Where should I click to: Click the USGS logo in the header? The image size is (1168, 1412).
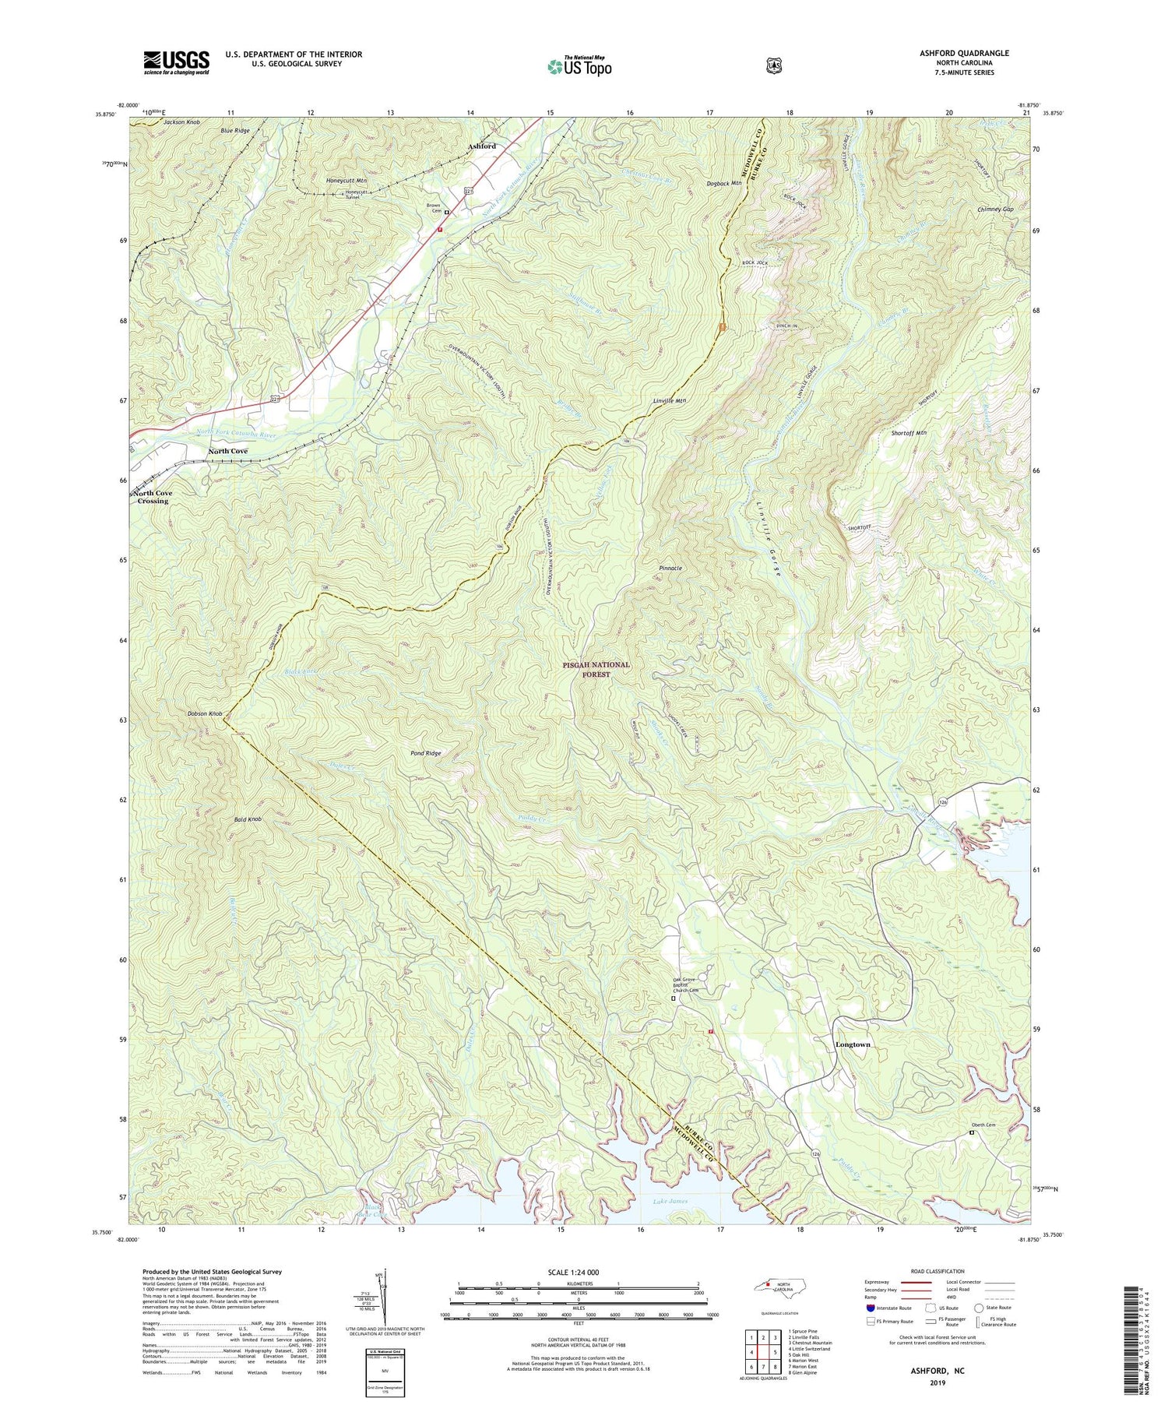coord(176,62)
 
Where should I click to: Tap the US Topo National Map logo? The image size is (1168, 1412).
coord(579,66)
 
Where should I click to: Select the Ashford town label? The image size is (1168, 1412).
coord(481,146)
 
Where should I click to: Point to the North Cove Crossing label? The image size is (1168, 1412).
coord(153,497)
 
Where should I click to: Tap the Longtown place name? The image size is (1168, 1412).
coord(853,1044)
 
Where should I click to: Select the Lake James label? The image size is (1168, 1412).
coord(670,1202)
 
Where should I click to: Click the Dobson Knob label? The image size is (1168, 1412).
coord(205,714)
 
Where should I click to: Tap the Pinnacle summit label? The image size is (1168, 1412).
coord(670,569)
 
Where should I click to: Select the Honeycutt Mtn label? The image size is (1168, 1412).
coord(346,180)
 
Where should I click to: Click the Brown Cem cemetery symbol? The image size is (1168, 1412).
coord(447,210)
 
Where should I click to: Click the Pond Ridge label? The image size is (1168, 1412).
coord(426,753)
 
